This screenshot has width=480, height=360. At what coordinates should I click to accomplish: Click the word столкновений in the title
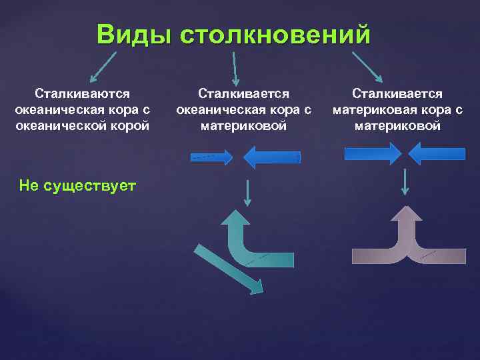(274, 34)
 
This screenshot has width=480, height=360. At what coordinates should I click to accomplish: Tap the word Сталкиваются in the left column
(83, 94)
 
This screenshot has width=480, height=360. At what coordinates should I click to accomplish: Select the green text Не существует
(78, 185)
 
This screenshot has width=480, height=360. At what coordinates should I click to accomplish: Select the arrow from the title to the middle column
(235, 69)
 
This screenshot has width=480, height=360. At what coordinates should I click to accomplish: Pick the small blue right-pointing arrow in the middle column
(212, 157)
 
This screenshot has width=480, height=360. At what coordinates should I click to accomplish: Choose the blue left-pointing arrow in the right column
(436, 154)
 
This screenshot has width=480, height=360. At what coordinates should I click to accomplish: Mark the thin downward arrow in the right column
(405, 181)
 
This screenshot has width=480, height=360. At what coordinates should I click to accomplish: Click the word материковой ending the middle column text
(243, 125)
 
